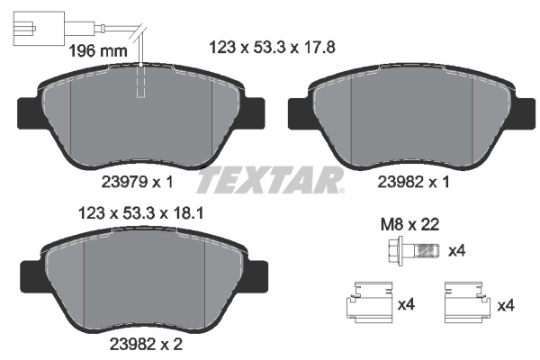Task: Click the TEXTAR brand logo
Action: click(x=270, y=181)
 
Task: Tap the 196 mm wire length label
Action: click(x=98, y=50)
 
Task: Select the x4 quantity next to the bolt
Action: click(x=457, y=250)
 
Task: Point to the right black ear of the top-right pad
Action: click(x=520, y=112)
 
